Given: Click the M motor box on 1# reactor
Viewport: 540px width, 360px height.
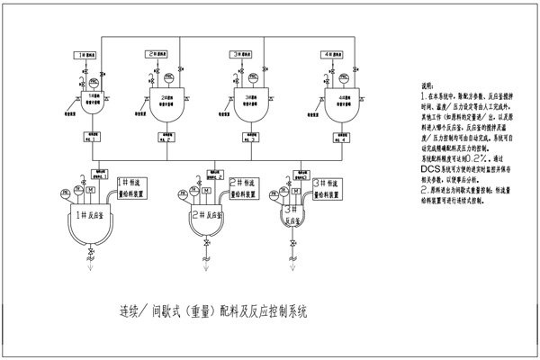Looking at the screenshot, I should pos(91,190).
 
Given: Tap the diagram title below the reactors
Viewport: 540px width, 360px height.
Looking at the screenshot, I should pos(213,313).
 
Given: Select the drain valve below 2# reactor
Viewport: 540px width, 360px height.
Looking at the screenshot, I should pos(208,244).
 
